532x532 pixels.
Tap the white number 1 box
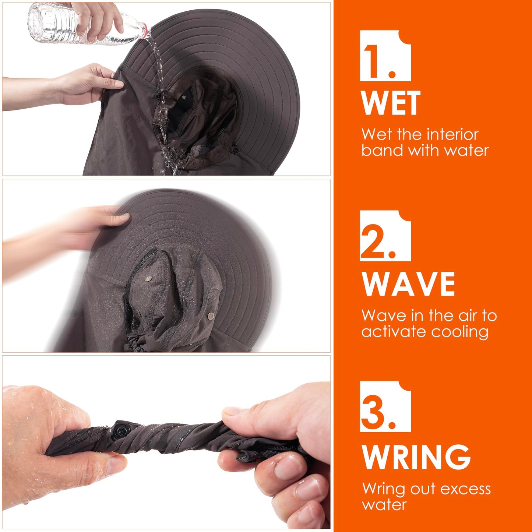385,56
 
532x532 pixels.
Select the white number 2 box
385,236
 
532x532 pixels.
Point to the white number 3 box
385,406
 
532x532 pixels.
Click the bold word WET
390,103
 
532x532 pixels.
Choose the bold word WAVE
408,283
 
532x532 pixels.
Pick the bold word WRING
416,457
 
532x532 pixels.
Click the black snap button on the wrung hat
121,430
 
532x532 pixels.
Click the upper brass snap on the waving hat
148,279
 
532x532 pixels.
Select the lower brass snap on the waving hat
211,316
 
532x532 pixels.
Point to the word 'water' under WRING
384,505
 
